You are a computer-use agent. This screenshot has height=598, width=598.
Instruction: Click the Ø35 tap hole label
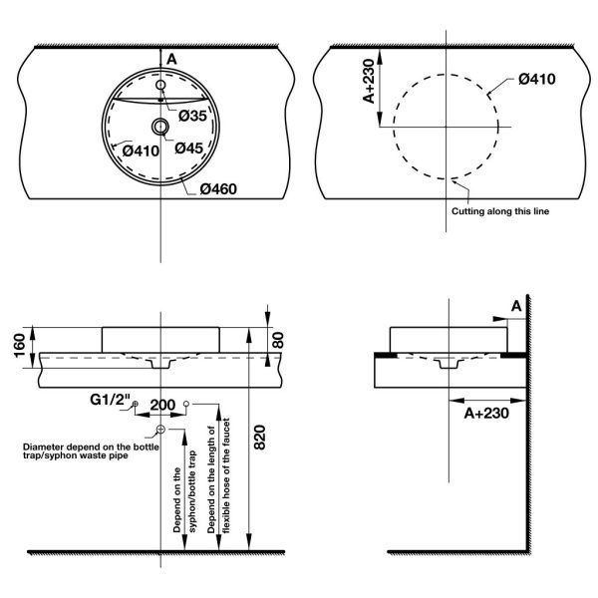tap(192, 116)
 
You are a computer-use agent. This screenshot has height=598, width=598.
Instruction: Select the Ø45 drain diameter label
tap(189, 148)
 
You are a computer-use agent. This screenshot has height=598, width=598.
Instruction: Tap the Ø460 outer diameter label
tap(218, 188)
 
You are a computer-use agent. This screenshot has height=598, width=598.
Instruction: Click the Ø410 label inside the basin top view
tap(141, 151)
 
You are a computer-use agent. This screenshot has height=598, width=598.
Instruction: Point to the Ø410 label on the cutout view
tap(536, 79)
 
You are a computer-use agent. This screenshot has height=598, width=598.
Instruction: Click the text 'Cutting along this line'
tap(500, 211)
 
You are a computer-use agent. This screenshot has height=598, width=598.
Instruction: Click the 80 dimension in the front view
tap(278, 340)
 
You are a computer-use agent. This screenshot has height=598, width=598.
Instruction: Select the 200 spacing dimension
tap(162, 405)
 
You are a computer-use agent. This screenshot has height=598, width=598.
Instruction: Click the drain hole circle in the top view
tap(160, 127)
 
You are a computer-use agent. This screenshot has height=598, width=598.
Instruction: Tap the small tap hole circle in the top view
tap(160, 85)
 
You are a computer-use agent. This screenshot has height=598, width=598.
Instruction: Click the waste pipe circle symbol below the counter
tap(160, 430)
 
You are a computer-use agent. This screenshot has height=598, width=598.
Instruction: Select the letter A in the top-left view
tap(172, 59)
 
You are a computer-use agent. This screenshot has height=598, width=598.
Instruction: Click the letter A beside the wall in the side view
tap(516, 306)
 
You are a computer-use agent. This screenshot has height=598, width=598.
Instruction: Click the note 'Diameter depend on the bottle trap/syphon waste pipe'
tap(91, 451)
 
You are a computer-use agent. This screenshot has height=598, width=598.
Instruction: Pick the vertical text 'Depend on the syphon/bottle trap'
tap(184, 491)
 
